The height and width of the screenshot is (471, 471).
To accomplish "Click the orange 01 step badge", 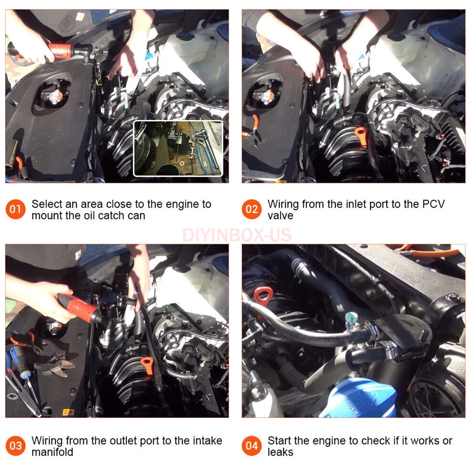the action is (x=16, y=209).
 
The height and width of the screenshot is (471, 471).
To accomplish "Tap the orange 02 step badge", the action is (x=252, y=209).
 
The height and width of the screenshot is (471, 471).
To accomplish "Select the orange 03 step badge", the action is (x=16, y=446).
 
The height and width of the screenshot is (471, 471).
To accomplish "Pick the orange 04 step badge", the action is (x=252, y=446).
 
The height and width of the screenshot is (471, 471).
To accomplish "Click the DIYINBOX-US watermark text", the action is (x=237, y=235).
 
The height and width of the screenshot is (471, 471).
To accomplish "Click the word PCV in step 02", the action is (x=433, y=204).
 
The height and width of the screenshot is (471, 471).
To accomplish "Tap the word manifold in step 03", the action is (x=52, y=452).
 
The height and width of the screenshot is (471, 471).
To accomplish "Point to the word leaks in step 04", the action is (x=280, y=452).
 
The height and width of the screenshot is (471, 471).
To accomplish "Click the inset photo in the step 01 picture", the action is (x=178, y=148).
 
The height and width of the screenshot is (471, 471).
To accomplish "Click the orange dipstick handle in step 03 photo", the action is (x=147, y=365).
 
